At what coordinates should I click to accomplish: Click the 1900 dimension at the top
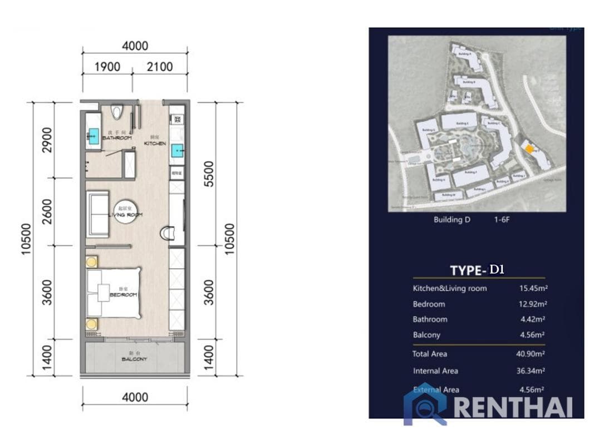click(107, 67)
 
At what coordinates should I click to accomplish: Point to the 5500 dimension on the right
click(209, 174)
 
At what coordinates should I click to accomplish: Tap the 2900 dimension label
click(47, 140)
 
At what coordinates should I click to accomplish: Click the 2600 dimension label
click(47, 211)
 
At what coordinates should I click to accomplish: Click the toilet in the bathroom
click(116, 112)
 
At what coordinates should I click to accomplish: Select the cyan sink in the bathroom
click(93, 135)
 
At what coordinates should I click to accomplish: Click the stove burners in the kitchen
click(176, 118)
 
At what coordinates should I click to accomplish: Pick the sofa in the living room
click(97, 214)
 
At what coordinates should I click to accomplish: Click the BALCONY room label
click(134, 359)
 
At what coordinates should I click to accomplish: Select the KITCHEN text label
click(155, 144)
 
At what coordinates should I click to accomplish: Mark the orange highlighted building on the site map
click(528, 148)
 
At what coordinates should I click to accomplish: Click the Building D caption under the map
click(451, 220)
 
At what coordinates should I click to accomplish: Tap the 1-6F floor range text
click(502, 220)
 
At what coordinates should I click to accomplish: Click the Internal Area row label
click(435, 371)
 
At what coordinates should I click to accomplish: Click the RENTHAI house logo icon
click(424, 404)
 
